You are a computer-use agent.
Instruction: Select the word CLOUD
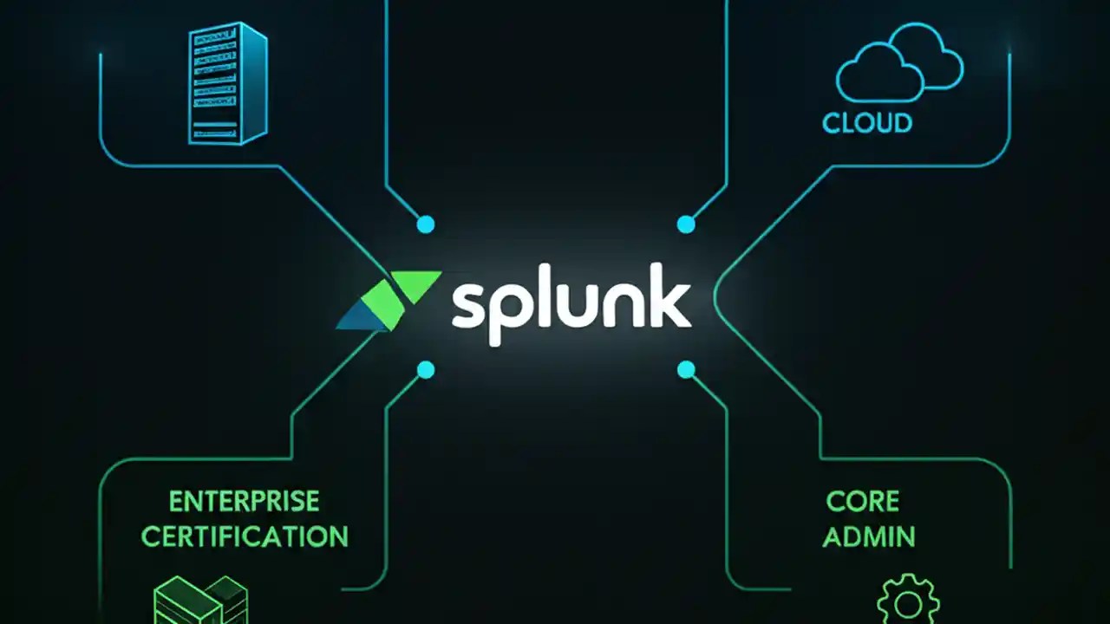pyautogui.click(x=867, y=122)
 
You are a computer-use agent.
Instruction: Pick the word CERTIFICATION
pyautogui.click(x=244, y=536)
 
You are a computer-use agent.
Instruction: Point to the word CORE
pyautogui.click(x=862, y=501)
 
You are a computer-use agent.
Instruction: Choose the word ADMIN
pyautogui.click(x=868, y=536)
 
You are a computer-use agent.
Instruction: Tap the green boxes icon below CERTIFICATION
pyautogui.click(x=200, y=600)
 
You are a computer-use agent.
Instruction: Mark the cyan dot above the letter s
pyautogui.click(x=425, y=224)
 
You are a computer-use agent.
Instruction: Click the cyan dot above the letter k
pyautogui.click(x=686, y=224)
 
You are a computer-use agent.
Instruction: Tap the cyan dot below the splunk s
pyautogui.click(x=425, y=371)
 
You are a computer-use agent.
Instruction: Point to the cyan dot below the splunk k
pyautogui.click(x=686, y=371)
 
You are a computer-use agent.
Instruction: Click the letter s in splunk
pyautogui.click(x=469, y=308)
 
